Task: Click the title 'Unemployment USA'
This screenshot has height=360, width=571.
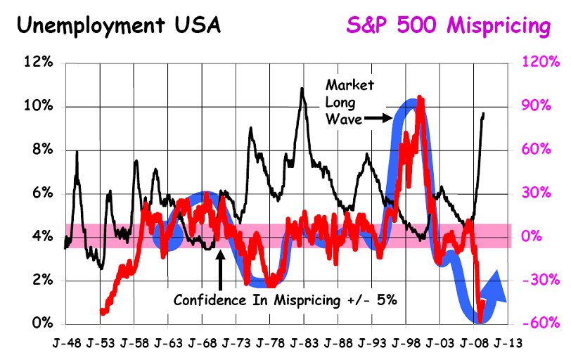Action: (117, 26)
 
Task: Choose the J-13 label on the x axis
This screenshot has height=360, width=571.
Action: (508, 345)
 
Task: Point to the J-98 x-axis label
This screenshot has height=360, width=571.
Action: (406, 345)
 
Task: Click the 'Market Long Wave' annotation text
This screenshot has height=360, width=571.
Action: (349, 102)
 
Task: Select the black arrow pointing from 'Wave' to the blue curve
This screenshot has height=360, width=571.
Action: (378, 119)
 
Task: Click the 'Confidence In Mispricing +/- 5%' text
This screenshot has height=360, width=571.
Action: (286, 299)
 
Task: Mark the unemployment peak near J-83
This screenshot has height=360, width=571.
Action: (302, 89)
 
